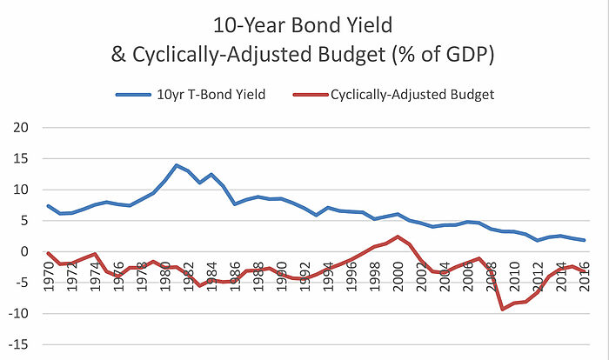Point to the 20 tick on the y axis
pos(19,128)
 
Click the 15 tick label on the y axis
pos(19,159)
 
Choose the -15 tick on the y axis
pos(17,345)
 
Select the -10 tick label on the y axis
pos(17,314)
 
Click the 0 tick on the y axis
pos(23,252)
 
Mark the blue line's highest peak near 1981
pos(177,165)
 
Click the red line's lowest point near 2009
pos(502,310)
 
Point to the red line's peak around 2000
pos(398,237)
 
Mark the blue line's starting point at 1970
pos(48,206)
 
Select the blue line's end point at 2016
pos(583,240)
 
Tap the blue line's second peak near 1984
pos(211,175)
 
